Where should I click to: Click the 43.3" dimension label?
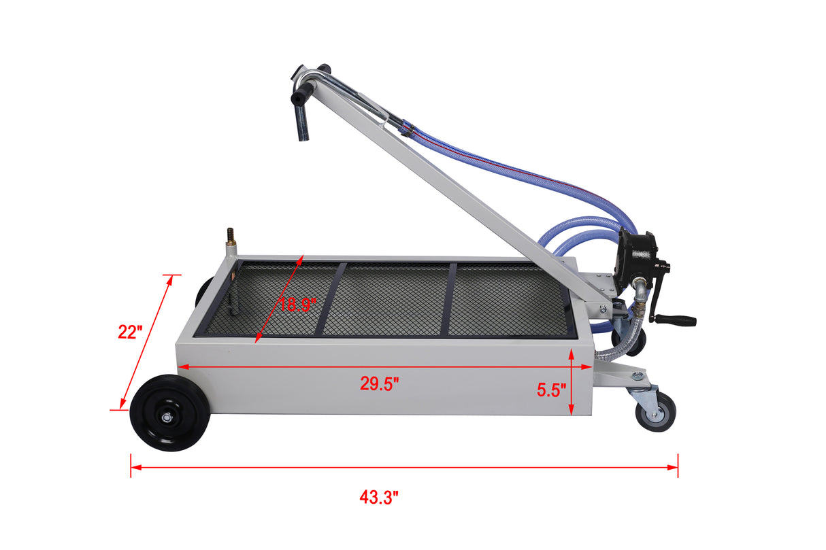tap(379, 498)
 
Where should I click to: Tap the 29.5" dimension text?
tap(379, 385)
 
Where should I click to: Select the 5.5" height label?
tap(551, 390)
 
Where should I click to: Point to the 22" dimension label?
tap(130, 332)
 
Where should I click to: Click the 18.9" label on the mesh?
tap(298, 304)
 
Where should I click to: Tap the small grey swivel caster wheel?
tap(655, 411)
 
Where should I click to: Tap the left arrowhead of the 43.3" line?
tap(134, 467)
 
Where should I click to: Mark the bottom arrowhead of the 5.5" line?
tap(572, 410)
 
